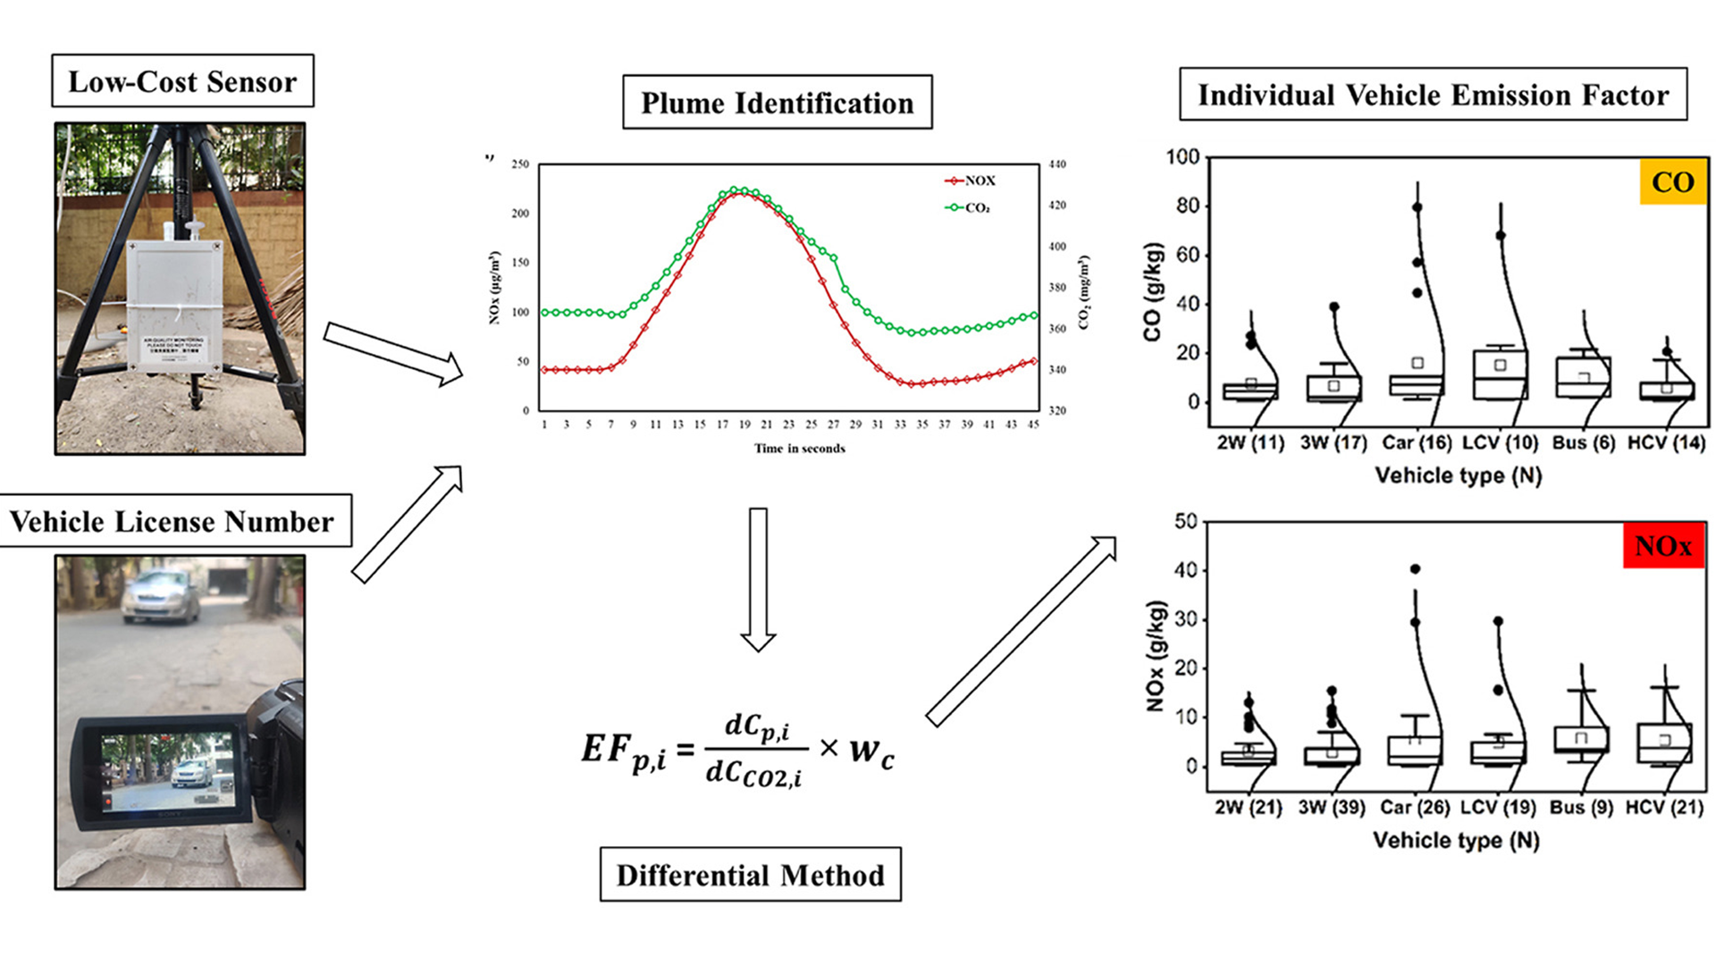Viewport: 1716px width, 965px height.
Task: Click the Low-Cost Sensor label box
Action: pyautogui.click(x=182, y=81)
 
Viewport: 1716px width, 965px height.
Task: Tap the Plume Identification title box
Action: pyautogui.click(x=777, y=103)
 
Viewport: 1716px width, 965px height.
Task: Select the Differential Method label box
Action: pyautogui.click(x=750, y=875)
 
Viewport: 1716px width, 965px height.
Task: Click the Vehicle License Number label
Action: pyautogui.click(x=172, y=521)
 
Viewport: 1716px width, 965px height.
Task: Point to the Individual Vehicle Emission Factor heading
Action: pyautogui.click(x=1433, y=95)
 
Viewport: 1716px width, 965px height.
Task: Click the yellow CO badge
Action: pyautogui.click(x=1672, y=182)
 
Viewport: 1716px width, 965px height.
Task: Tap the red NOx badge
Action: pyautogui.click(x=1662, y=546)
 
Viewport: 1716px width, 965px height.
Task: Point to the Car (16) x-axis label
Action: pyautogui.click(x=1417, y=443)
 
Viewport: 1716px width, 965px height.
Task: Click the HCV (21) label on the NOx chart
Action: pyautogui.click(x=1664, y=808)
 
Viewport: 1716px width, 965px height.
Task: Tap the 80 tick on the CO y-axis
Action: pyautogui.click(x=1187, y=206)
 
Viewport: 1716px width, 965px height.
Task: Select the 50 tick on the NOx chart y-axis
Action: pyautogui.click(x=1186, y=521)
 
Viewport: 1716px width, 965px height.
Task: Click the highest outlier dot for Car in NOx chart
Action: pyautogui.click(x=1415, y=569)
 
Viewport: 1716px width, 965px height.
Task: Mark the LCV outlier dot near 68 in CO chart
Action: pyautogui.click(x=1501, y=236)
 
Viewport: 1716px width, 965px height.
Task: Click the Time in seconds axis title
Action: pyautogui.click(x=799, y=449)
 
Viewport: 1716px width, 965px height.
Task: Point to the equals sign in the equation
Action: pyautogui.click(x=686, y=749)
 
